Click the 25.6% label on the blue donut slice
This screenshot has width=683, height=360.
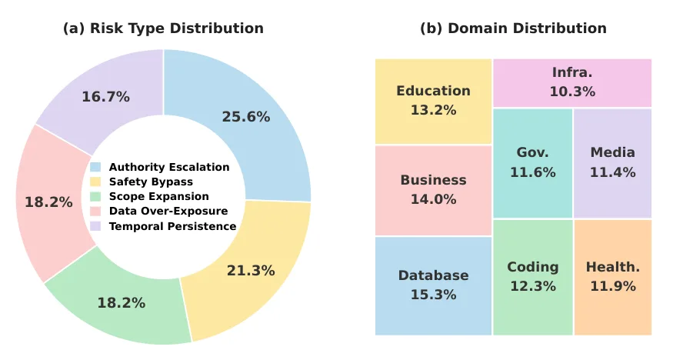[x=246, y=116]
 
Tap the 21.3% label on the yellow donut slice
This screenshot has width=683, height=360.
[x=251, y=271]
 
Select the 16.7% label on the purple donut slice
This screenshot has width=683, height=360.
[x=106, y=96]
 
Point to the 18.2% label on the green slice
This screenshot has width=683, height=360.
[x=121, y=303]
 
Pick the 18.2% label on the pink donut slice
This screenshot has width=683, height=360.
[x=48, y=202]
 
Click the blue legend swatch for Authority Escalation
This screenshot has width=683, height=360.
[x=95, y=167]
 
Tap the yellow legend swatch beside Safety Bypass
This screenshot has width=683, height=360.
[x=95, y=182]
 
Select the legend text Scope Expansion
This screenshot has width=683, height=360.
[x=159, y=197]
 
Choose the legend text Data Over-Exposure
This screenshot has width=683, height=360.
[x=168, y=211]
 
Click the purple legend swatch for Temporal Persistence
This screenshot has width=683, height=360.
[x=95, y=226]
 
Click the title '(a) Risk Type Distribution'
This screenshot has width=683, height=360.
[x=163, y=28]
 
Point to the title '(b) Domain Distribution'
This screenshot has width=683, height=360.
[x=513, y=28]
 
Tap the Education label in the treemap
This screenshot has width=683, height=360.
[x=433, y=91]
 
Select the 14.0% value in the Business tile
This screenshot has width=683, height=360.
[x=433, y=199]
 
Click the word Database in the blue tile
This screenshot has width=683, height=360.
[x=433, y=275]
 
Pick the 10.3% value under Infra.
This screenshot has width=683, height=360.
[x=572, y=92]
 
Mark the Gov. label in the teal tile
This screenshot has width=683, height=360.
[x=533, y=152]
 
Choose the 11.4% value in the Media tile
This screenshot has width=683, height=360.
[x=613, y=172]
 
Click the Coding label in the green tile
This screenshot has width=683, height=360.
[x=533, y=267]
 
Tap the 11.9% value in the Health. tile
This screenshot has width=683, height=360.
[x=613, y=286]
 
